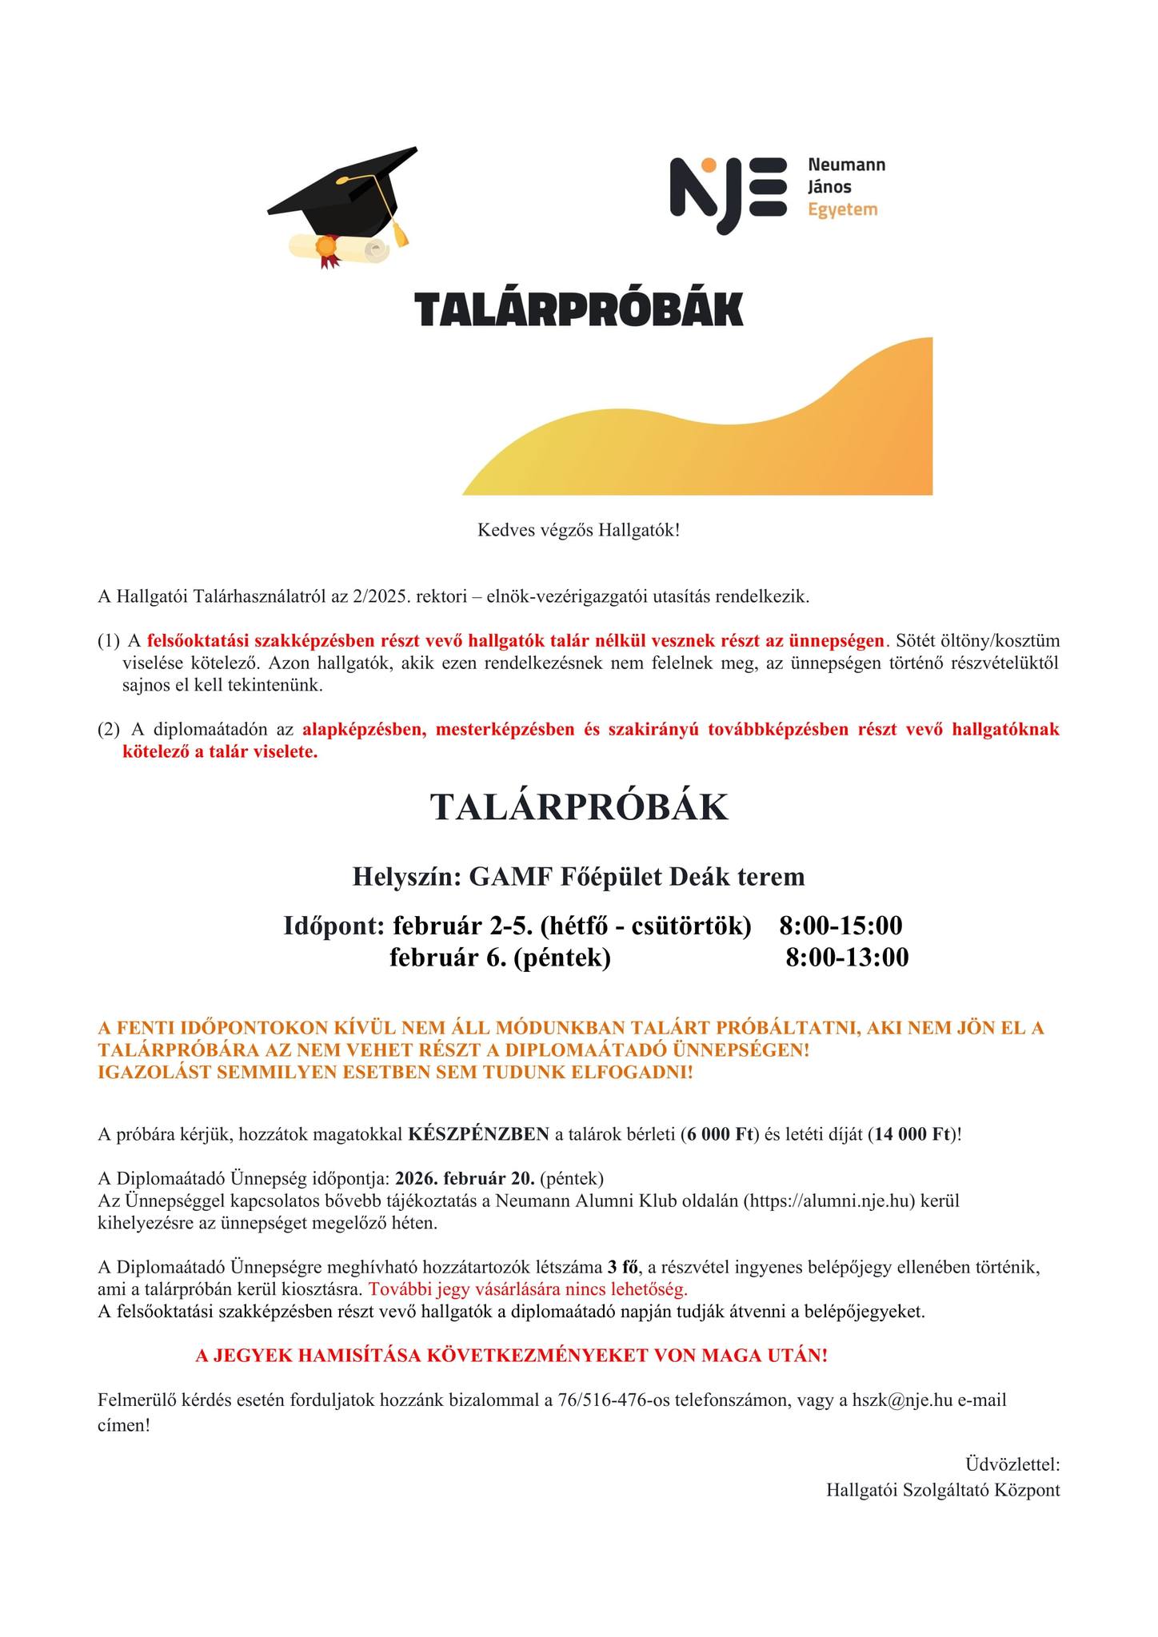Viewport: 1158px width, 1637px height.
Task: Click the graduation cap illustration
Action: (x=344, y=192)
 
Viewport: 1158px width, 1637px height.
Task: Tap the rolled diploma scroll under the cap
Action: (x=340, y=248)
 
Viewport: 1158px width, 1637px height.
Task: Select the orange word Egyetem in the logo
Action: (x=843, y=209)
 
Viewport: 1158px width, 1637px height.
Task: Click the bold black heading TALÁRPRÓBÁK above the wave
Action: (x=579, y=309)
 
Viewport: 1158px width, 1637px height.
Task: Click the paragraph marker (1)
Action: (x=109, y=640)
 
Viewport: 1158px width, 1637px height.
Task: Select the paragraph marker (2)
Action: (x=109, y=729)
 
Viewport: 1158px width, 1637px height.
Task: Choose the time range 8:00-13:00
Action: (x=847, y=957)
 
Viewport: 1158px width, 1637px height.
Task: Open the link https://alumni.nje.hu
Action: (x=830, y=1201)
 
